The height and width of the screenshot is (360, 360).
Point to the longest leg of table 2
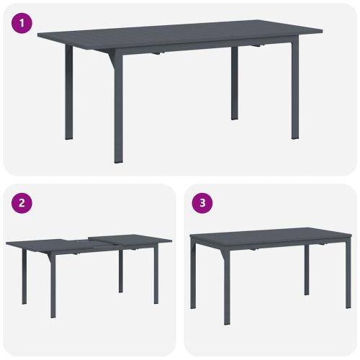click(53, 288)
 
